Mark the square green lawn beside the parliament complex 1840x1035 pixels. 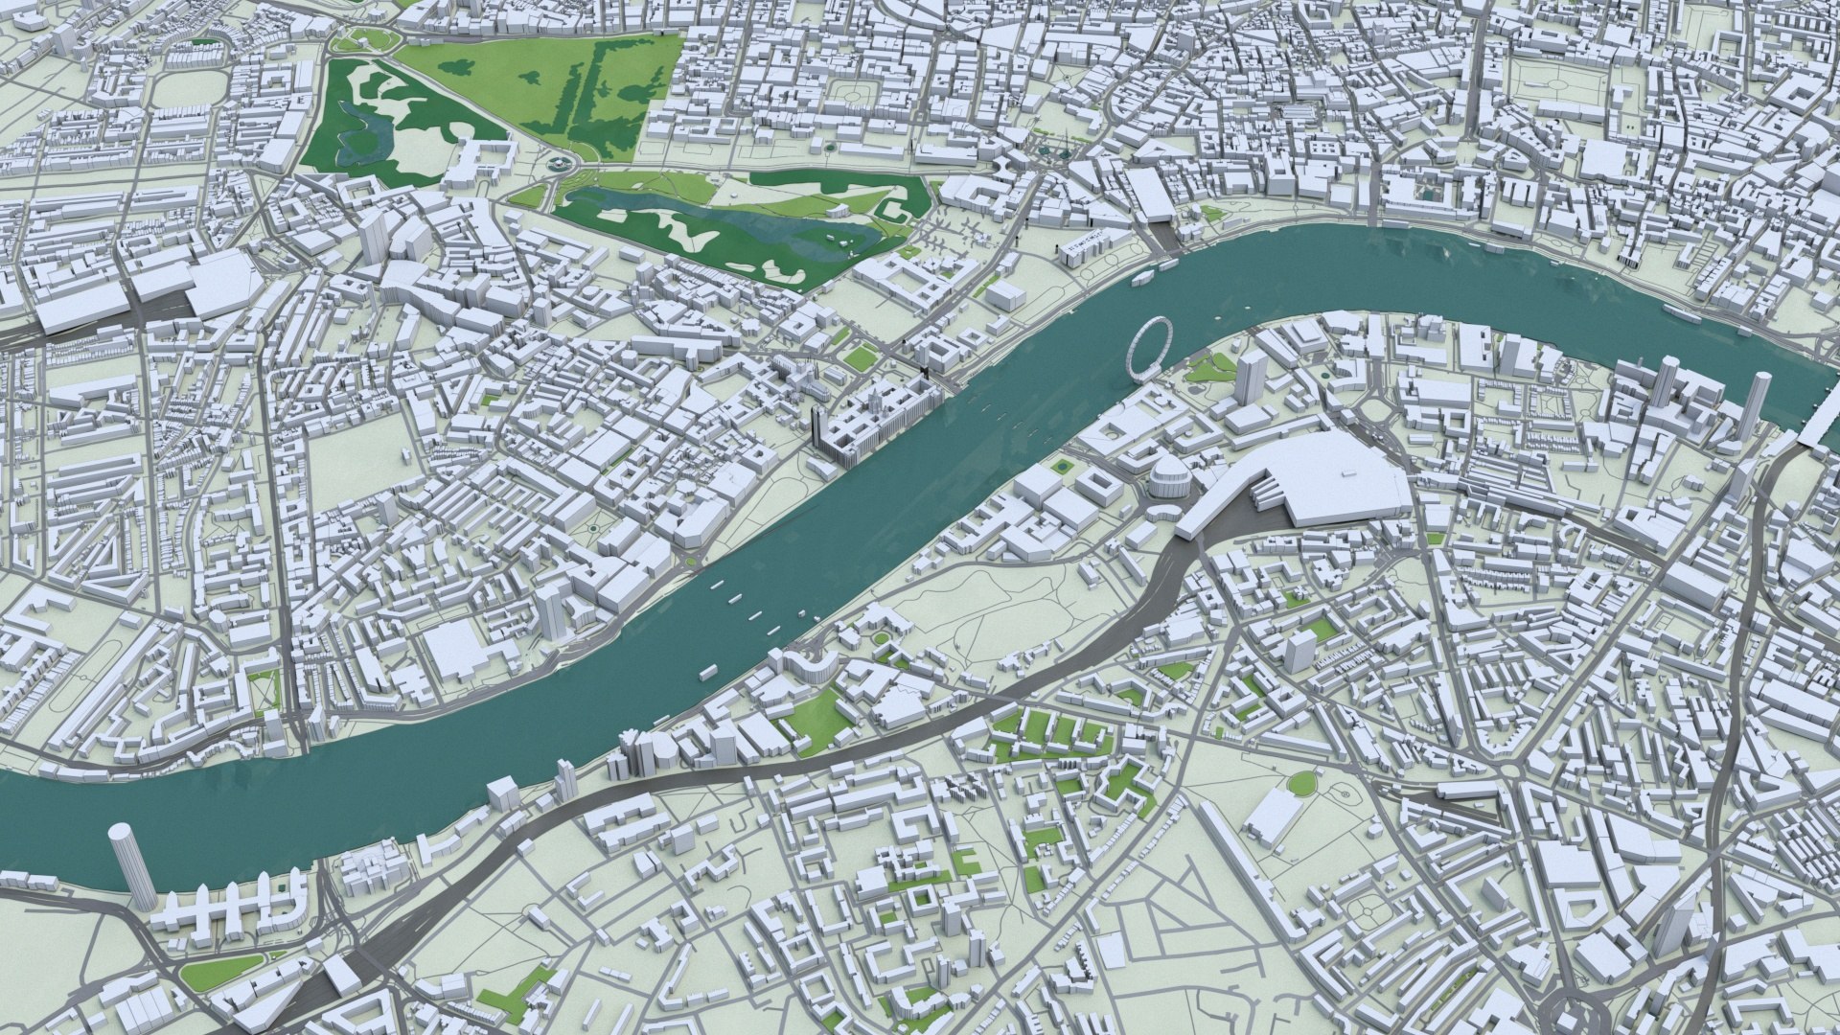859,357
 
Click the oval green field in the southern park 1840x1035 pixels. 1300,784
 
